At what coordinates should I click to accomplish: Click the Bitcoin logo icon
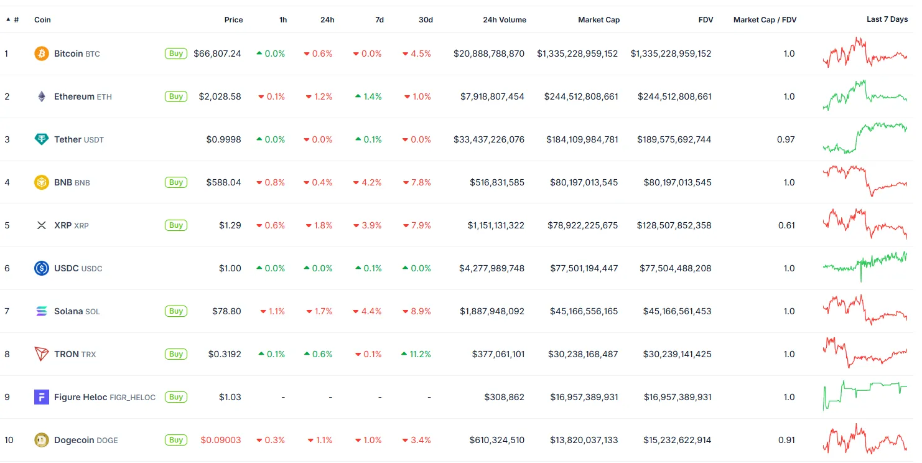tap(42, 54)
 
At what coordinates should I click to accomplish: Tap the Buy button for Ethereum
tap(176, 96)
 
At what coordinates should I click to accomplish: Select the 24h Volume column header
tap(504, 20)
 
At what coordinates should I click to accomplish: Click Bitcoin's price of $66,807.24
tap(217, 54)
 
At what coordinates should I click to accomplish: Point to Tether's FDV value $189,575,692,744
tap(674, 139)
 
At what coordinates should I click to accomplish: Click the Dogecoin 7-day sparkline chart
tap(865, 440)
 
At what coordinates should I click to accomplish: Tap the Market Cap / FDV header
tap(765, 20)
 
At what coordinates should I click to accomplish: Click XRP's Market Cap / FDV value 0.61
tap(786, 225)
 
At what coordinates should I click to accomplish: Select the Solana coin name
tap(68, 311)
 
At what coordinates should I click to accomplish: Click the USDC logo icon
tap(42, 268)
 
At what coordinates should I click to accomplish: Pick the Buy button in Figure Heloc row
tap(176, 397)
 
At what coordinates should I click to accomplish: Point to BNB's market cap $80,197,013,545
tap(584, 182)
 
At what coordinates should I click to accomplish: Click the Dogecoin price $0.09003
tap(220, 440)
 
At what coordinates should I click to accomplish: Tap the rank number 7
tap(7, 311)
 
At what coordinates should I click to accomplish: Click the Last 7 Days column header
tap(887, 20)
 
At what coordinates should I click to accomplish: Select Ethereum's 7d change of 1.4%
tap(368, 96)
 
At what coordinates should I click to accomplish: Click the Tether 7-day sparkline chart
tap(865, 138)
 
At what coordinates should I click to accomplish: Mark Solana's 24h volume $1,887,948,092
tap(491, 311)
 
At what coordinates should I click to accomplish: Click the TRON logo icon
tap(42, 354)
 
